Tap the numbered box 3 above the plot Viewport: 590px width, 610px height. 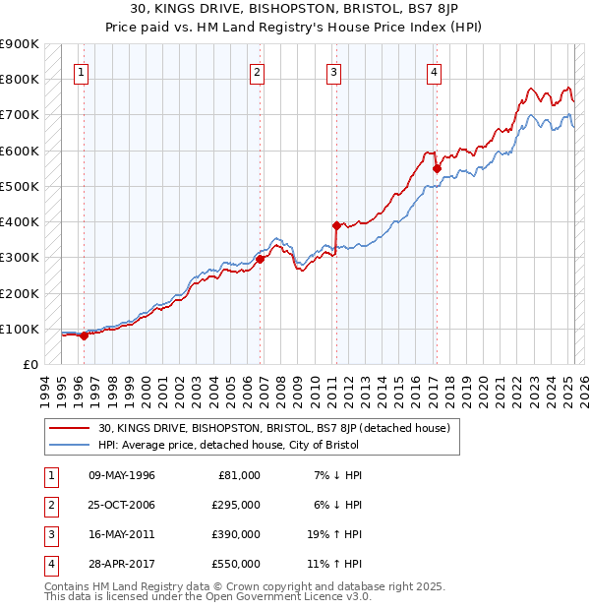(334, 72)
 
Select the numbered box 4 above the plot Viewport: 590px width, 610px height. (434, 72)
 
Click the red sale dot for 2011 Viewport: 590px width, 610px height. (336, 225)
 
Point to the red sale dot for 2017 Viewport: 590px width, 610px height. (437, 168)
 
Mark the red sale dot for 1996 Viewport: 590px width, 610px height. (84, 335)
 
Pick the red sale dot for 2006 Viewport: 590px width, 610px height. (261, 260)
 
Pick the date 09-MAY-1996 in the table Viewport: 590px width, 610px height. (122, 475)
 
